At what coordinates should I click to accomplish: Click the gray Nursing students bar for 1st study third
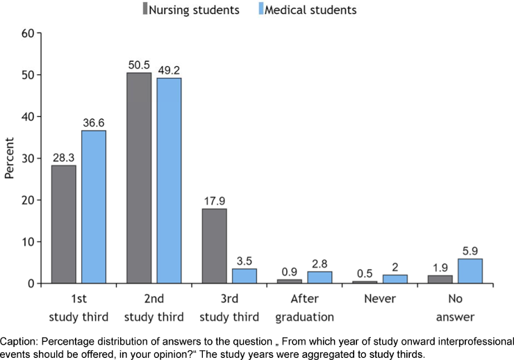point(64,224)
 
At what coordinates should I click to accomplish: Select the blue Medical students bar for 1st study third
point(93,207)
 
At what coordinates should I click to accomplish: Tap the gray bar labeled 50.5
point(139,178)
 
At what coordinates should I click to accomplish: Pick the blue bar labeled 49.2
point(168,181)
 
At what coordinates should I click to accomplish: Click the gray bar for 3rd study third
point(214,246)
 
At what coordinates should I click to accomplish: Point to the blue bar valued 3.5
point(244,276)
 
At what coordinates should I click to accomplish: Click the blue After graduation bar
point(319,277)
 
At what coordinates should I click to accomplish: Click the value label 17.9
point(214,202)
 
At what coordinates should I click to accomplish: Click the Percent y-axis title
point(10,158)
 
